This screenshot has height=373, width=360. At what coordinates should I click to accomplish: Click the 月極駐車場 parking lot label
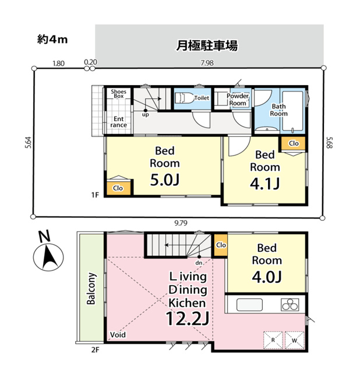(x=207, y=45)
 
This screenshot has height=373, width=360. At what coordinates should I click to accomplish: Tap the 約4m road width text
(x=52, y=39)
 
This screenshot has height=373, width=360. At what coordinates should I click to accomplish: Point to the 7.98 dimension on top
(x=207, y=63)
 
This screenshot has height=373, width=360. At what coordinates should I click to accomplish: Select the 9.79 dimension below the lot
(x=181, y=223)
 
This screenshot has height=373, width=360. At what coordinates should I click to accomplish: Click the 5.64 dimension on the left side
(x=29, y=143)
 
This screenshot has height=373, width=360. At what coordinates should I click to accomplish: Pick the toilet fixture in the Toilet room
(x=185, y=98)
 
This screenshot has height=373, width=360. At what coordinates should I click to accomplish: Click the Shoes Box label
(x=118, y=94)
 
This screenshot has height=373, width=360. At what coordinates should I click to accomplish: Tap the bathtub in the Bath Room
(x=292, y=111)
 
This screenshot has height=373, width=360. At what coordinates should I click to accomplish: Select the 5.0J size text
(x=164, y=180)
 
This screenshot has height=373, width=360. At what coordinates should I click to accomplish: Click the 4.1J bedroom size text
(x=265, y=184)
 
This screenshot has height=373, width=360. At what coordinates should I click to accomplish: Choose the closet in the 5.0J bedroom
(x=118, y=188)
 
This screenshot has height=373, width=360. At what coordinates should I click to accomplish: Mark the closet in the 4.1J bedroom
(x=294, y=143)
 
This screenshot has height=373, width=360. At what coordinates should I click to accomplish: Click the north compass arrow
(x=49, y=258)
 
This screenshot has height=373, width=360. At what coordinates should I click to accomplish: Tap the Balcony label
(x=91, y=288)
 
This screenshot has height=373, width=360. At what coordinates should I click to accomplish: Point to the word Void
(x=118, y=335)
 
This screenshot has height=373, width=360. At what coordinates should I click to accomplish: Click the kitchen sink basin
(x=249, y=305)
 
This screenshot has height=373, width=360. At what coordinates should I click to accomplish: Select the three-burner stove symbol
(x=290, y=304)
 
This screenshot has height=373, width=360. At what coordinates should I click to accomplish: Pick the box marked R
(x=273, y=340)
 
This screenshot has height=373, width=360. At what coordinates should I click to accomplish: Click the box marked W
(x=294, y=340)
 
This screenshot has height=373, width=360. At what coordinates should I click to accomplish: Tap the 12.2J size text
(x=188, y=319)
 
